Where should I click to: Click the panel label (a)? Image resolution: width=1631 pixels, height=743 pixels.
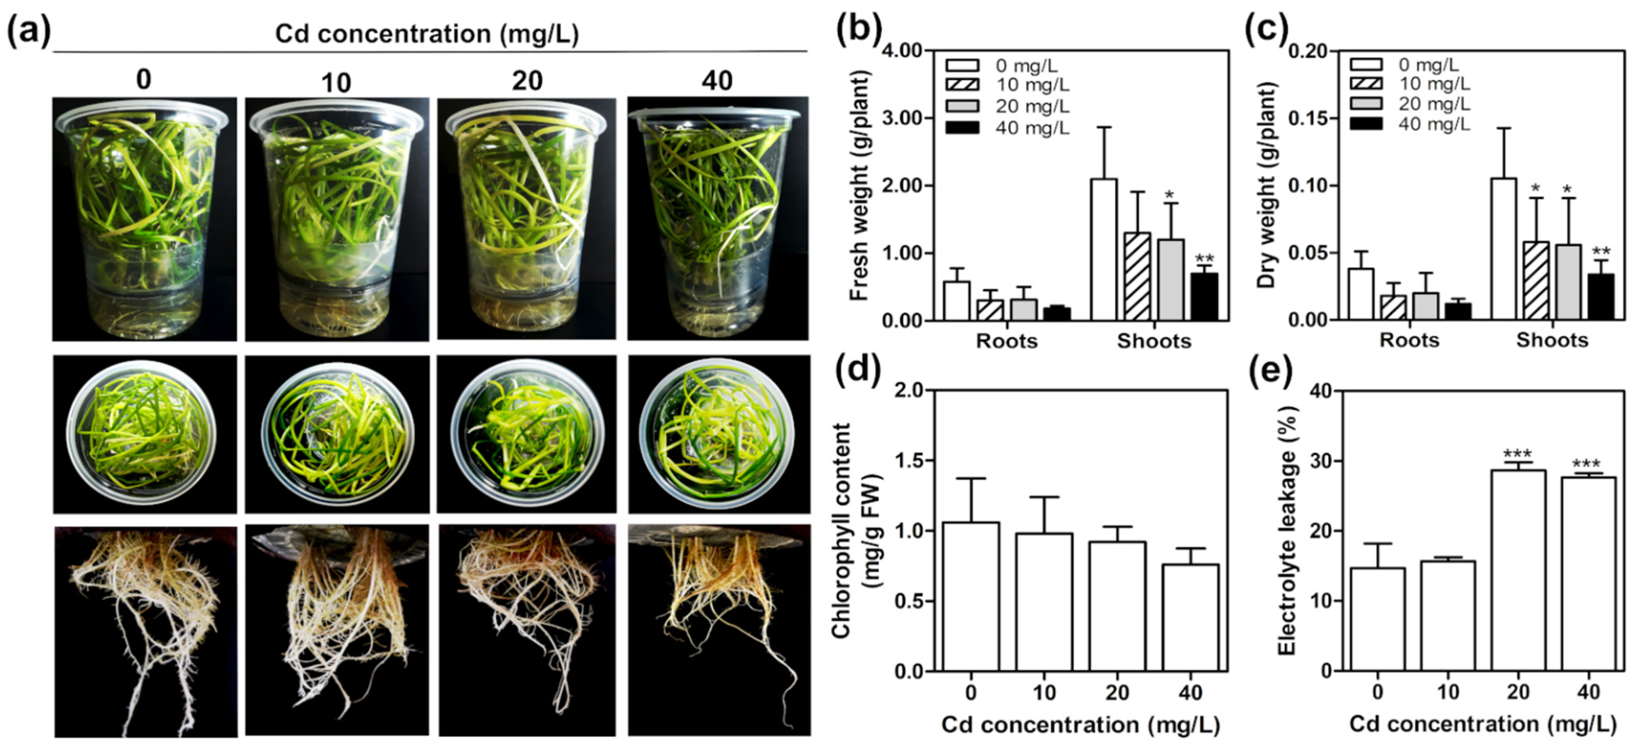coord(28,32)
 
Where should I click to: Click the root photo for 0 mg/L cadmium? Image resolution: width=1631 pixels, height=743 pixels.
coord(145,630)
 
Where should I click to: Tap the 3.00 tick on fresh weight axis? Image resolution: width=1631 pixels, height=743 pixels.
coord(905,118)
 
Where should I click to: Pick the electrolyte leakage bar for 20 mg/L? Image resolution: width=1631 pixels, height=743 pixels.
coord(1518,570)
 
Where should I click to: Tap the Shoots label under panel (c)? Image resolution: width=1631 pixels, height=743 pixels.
coord(1552,341)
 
